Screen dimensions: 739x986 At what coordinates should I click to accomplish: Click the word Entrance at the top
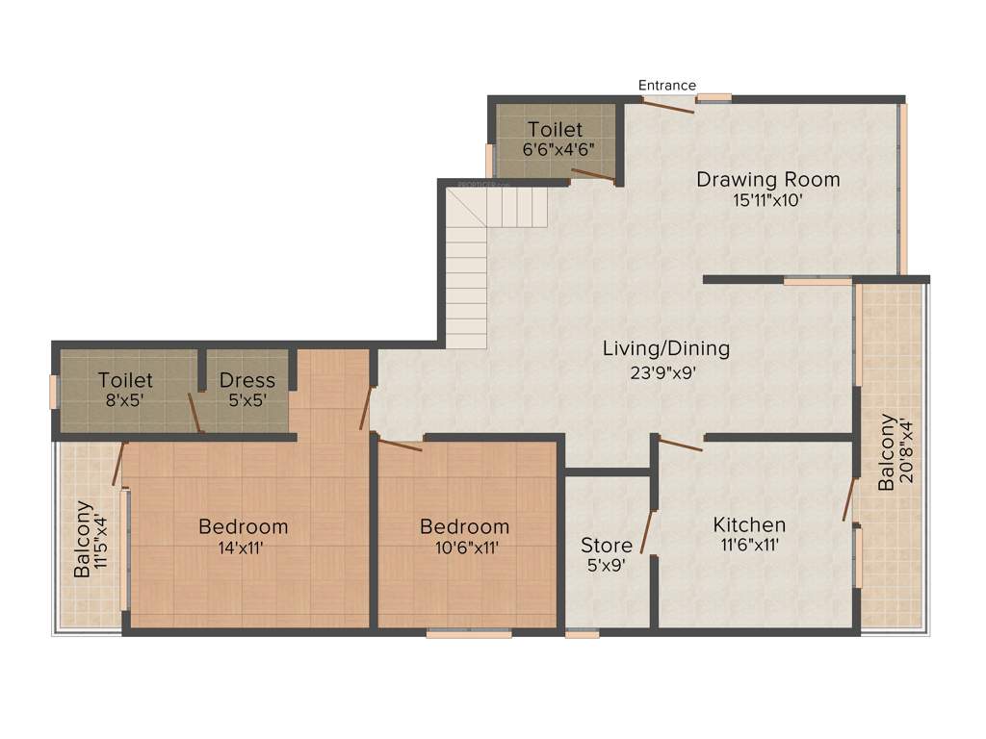click(x=667, y=86)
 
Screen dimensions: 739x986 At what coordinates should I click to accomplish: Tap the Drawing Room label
click(x=767, y=179)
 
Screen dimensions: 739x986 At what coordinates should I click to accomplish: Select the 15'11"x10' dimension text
click(x=767, y=201)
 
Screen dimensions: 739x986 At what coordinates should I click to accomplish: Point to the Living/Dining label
click(x=665, y=348)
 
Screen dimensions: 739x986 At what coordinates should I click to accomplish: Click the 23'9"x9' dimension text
click(x=665, y=371)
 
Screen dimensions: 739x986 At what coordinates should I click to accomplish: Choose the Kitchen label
click(x=749, y=524)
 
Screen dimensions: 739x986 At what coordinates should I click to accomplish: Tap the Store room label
click(x=606, y=546)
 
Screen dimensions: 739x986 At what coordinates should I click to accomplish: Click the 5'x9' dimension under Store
click(x=606, y=567)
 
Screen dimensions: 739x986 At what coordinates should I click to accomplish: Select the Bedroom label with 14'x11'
click(x=243, y=526)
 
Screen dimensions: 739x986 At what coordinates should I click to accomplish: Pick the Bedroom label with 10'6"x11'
click(x=464, y=526)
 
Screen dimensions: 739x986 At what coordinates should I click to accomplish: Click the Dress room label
click(x=246, y=380)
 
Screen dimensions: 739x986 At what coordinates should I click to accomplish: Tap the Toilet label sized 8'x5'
click(x=125, y=380)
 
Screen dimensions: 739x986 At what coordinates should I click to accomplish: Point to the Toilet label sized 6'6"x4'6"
click(x=555, y=129)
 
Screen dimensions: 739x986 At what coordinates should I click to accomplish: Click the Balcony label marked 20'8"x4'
click(x=887, y=452)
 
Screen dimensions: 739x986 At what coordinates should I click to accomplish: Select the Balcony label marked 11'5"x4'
click(x=84, y=539)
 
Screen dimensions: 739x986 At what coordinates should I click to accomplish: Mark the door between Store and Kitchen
click(x=649, y=533)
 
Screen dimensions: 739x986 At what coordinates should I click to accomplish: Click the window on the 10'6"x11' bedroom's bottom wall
click(x=469, y=633)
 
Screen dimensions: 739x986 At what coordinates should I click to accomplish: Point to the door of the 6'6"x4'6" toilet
click(x=591, y=175)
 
